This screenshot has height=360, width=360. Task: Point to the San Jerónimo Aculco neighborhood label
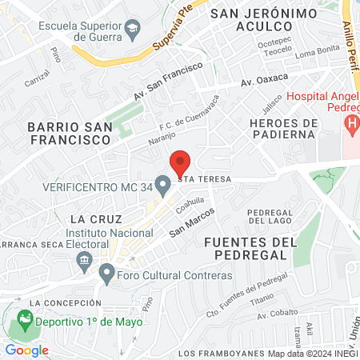pyautogui.click(x=255, y=20)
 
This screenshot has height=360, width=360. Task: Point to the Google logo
pyautogui.click(x=26, y=350)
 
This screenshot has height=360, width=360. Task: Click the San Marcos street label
pyautogui.click(x=191, y=223)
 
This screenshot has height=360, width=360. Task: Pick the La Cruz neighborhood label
pyautogui.click(x=95, y=218)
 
